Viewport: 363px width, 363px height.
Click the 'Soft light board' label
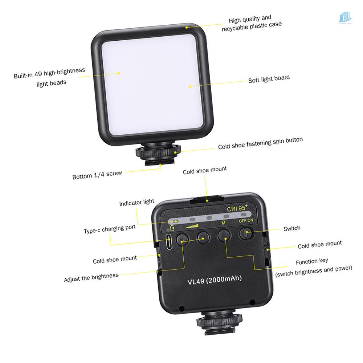click(269, 79)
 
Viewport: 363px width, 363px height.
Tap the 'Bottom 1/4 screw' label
click(97, 175)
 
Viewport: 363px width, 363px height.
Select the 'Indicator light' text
click(136, 203)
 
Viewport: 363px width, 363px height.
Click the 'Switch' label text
click(292, 228)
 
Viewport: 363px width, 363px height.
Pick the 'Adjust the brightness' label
click(91, 278)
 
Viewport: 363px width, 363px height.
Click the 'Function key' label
click(312, 261)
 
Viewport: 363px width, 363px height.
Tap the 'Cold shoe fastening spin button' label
click(260, 144)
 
